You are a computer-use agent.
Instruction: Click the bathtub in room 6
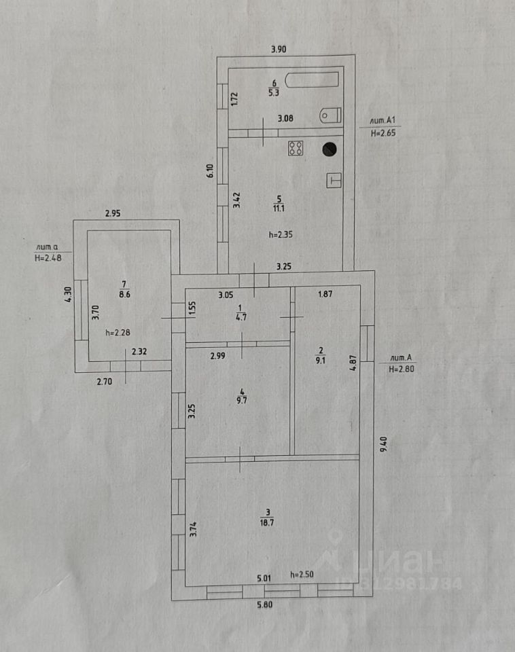click(x=312, y=79)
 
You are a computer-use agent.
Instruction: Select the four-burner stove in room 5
click(x=296, y=148)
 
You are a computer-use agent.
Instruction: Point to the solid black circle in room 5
click(x=330, y=147)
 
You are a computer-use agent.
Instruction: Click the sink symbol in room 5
click(x=334, y=180)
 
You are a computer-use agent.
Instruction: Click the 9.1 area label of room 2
click(x=321, y=361)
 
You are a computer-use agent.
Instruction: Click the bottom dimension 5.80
click(x=267, y=606)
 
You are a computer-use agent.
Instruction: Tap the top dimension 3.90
click(x=278, y=49)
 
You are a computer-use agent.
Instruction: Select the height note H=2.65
click(x=383, y=134)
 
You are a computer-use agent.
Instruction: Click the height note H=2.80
click(x=401, y=369)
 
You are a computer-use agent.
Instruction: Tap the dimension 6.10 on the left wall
click(x=211, y=171)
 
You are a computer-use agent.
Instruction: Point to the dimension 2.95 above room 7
click(x=113, y=214)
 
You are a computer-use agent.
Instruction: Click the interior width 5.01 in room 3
click(x=264, y=579)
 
